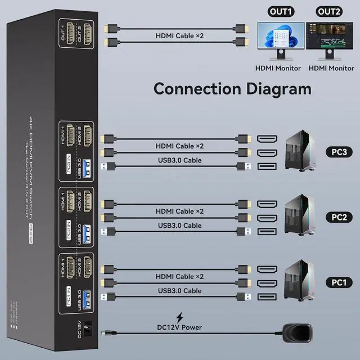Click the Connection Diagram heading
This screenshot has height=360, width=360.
tap(232, 88)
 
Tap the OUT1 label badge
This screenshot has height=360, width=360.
tap(280, 11)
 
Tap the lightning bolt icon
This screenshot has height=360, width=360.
tap(180, 317)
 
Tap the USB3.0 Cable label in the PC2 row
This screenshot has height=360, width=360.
tap(180, 226)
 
